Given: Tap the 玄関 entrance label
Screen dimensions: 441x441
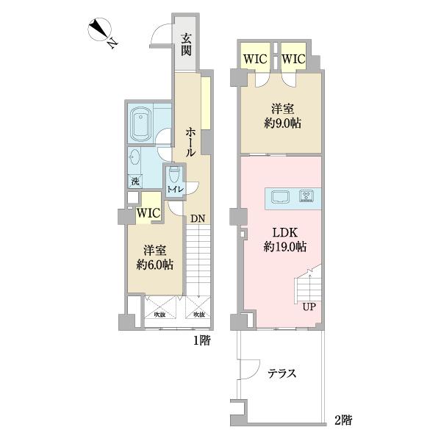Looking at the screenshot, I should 187,45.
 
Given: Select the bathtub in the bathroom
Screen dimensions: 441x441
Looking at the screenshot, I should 140,126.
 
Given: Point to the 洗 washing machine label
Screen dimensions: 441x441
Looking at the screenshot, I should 135,182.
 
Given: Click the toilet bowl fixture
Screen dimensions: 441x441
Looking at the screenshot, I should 173,176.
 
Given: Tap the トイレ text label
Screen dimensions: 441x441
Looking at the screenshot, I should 174,190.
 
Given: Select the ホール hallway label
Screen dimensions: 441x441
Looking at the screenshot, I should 190,141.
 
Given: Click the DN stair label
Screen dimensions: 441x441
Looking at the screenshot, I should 197,218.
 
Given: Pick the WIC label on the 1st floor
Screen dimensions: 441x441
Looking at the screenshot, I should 148,212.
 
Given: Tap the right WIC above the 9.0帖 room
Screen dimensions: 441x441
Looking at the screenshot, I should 293,58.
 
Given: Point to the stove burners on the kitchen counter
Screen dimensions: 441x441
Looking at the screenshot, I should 306,196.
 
